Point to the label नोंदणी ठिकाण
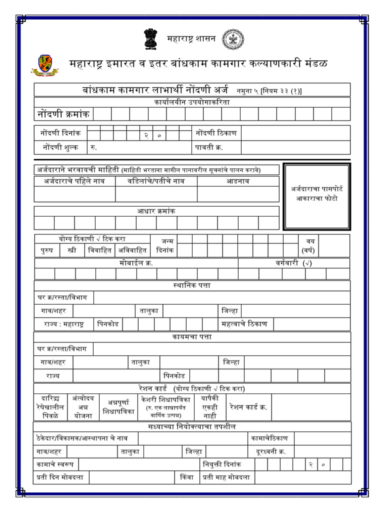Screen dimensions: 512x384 click(216, 133)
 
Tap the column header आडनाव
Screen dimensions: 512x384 click(238, 181)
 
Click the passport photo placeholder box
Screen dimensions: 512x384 click(316, 196)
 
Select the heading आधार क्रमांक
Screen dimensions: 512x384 click(156, 211)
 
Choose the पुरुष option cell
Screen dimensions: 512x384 click(47, 250)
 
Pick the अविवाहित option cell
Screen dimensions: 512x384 click(132, 250)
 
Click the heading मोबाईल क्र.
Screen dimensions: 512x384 click(136, 263)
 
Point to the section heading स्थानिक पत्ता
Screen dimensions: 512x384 click(192, 285)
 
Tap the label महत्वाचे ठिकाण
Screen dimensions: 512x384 click(244, 324)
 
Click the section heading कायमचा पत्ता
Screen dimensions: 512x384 click(192, 337)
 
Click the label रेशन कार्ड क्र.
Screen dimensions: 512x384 click(248, 407)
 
